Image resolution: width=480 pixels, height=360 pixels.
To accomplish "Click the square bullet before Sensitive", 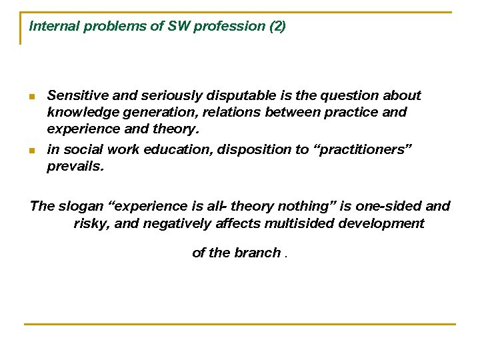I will click(32, 97).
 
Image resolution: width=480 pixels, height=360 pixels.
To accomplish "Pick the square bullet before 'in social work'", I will click(32, 151).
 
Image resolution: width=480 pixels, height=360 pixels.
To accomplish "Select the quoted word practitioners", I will click(363, 149).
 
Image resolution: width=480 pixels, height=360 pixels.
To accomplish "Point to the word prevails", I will click(75, 166).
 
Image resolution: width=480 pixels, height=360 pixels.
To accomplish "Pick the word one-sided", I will click(390, 206).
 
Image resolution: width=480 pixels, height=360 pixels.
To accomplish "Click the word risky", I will click(91, 223).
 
